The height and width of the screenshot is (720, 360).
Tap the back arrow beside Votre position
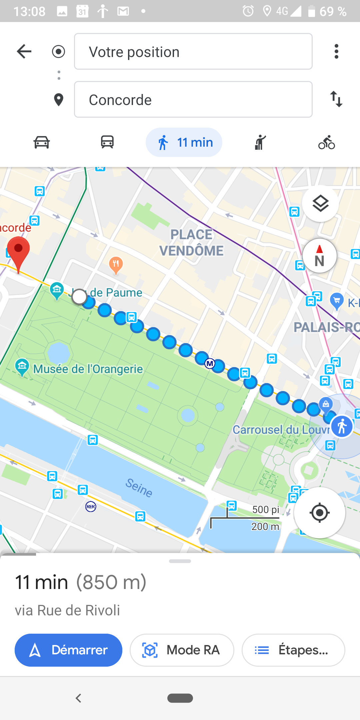[24, 51]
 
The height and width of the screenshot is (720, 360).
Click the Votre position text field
[193, 51]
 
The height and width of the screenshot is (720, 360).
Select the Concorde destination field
[193, 99]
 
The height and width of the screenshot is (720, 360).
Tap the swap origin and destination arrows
[336, 99]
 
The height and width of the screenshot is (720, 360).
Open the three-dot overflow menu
[336, 51]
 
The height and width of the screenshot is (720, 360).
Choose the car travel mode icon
[42, 142]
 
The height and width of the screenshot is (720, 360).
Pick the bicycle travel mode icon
[326, 142]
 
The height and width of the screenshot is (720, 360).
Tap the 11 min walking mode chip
[184, 142]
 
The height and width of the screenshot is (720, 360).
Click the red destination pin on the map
[18, 251]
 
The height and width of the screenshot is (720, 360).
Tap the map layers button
[320, 204]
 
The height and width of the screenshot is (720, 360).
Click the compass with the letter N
[319, 256]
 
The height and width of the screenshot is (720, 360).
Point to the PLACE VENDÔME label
[191, 243]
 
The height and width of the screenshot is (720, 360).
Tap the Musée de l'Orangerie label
[88, 369]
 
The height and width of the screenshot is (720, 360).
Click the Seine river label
[139, 488]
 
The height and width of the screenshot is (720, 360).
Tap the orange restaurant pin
[116, 265]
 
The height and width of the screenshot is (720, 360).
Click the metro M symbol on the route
[210, 363]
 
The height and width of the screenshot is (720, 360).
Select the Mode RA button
[182, 650]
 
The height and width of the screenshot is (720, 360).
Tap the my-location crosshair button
[319, 513]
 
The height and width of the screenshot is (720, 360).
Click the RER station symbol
[91, 507]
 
